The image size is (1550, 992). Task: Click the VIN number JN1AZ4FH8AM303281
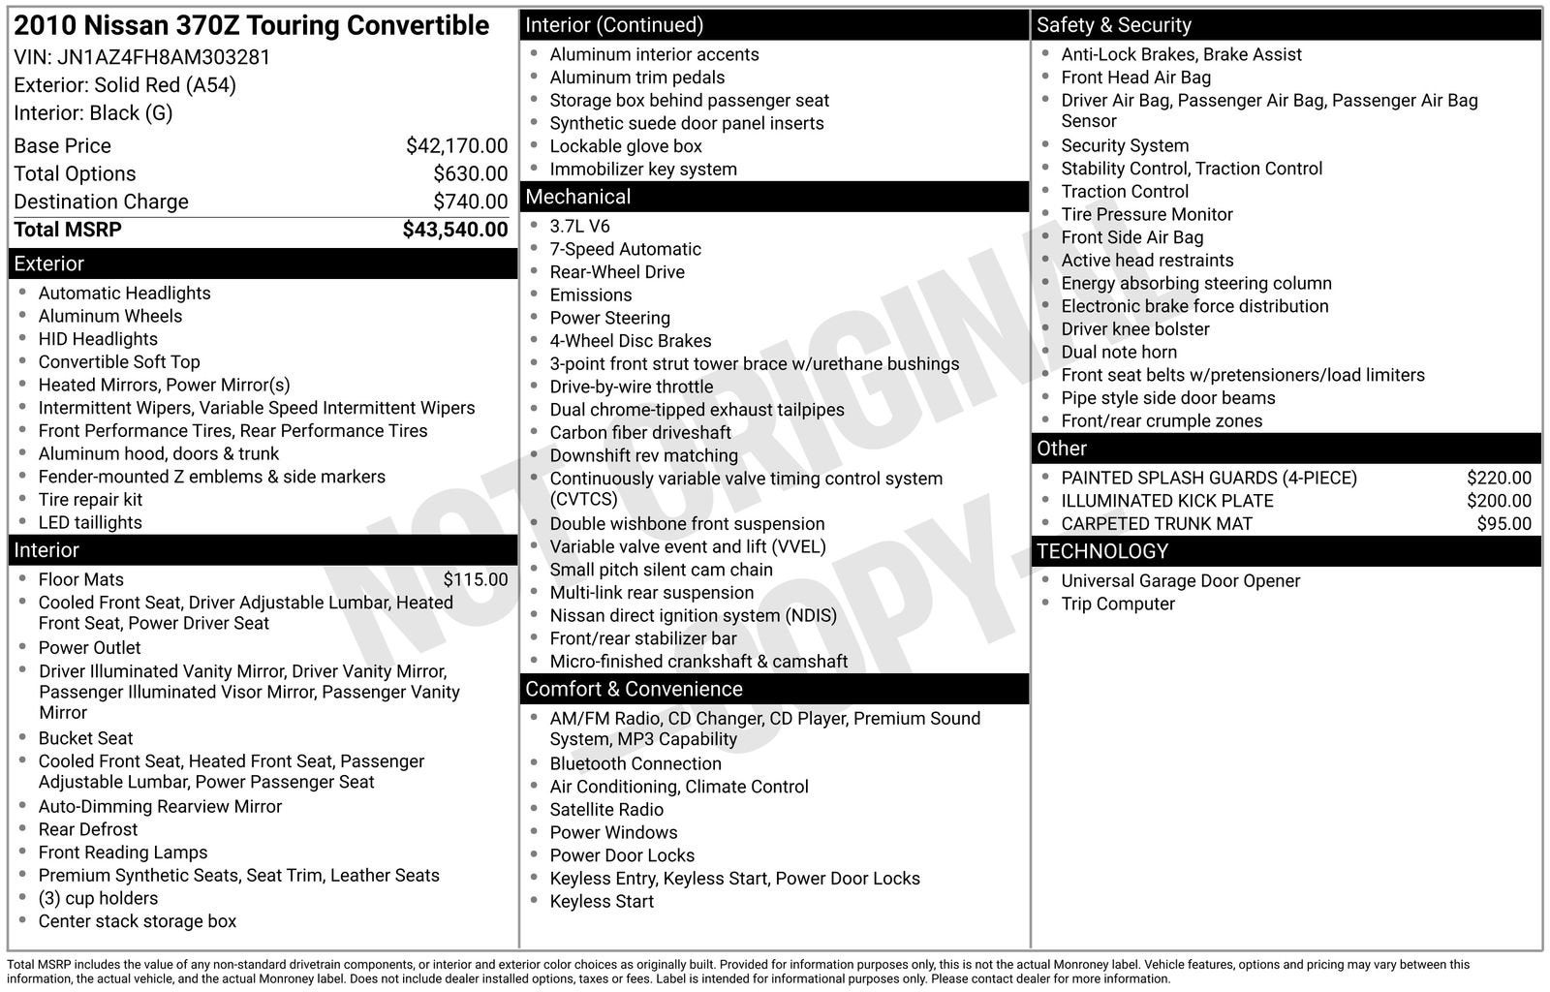[164, 57]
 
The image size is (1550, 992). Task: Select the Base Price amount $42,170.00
[456, 146]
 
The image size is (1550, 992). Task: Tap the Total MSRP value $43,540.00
[454, 230]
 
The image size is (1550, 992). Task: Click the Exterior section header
[48, 263]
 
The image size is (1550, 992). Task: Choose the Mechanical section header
[577, 197]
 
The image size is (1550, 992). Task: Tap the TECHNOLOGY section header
[1101, 551]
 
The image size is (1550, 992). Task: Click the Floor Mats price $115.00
[475, 579]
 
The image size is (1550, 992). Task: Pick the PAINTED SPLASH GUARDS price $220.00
[1499, 478]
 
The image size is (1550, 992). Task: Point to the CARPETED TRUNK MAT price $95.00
[1503, 524]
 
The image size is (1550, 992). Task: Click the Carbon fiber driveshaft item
[639, 433]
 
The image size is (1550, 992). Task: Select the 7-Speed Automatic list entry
[625, 249]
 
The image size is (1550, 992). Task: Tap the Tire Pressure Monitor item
[1146, 214]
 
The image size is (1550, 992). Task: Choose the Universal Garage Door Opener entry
[1180, 580]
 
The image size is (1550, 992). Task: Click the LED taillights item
[90, 522]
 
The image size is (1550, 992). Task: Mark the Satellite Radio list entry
[606, 810]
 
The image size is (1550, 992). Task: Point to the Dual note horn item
[1119, 352]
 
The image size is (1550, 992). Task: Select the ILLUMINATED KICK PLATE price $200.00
[1499, 501]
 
